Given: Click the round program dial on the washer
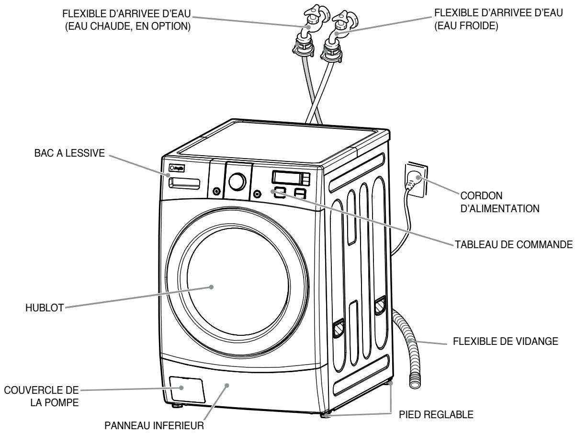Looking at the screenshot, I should pyautogui.click(x=237, y=182).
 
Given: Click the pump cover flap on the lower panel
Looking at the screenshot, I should pyautogui.click(x=186, y=388).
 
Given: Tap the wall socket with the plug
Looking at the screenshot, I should pyautogui.click(x=415, y=179).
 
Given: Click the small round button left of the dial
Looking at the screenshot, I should pyautogui.click(x=216, y=191).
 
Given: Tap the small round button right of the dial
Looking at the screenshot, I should pyautogui.click(x=257, y=194).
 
